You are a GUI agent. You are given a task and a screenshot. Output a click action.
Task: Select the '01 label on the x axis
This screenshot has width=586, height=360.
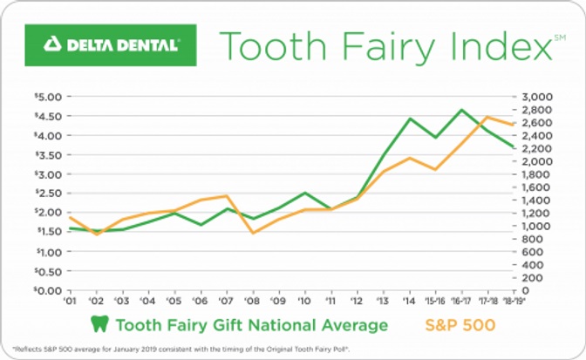[69, 301]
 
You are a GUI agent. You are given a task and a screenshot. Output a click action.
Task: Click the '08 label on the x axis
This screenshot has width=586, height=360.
[254, 301]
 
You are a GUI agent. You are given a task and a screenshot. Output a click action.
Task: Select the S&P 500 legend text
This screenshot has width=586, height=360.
[460, 325]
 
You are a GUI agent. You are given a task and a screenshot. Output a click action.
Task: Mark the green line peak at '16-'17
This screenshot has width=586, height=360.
[461, 110]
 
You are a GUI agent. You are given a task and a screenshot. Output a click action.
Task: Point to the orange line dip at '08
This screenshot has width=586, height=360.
[254, 233]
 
